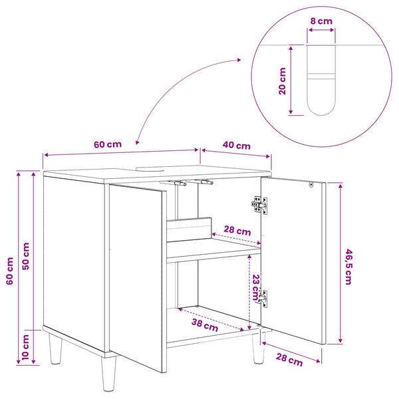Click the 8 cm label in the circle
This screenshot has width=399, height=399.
tap(321, 21)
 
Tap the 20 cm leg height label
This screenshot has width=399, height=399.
tap(282, 81)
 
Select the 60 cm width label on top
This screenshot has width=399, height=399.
tap(108, 144)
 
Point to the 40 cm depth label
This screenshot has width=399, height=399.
tap(236, 145)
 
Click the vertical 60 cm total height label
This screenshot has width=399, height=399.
tap(10, 271)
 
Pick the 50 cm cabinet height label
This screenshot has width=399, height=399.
tap(26, 256)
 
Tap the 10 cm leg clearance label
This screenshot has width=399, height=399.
tap(26, 347)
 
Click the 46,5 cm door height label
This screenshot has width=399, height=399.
tap(348, 267)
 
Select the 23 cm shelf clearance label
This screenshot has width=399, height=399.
tap(255, 287)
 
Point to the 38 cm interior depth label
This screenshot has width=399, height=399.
tap(205, 325)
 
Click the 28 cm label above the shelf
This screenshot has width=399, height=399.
tap(237, 231)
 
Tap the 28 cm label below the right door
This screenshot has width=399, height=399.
tap(289, 360)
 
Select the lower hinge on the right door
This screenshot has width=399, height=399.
tap(263, 299)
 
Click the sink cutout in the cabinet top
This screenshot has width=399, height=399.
tap(150, 168)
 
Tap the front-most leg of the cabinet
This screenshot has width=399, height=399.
tap(108, 374)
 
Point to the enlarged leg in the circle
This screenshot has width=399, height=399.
tap(321, 80)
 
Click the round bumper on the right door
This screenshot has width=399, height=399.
tap(311, 184)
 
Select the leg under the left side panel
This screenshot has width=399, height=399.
tap(55, 349)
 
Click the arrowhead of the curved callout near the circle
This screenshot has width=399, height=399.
tap(239, 60)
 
